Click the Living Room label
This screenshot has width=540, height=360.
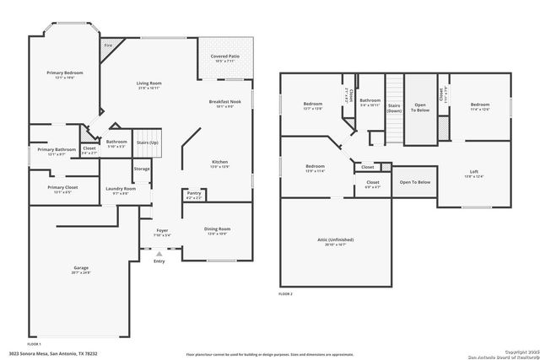pyautogui.click(x=149, y=83)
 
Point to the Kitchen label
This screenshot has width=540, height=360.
pyautogui.click(x=219, y=162)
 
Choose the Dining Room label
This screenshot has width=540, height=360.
pyautogui.click(x=218, y=228)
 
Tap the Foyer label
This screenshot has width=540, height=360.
pyautogui.click(x=162, y=230)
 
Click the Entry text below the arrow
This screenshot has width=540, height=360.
pyautogui.click(x=159, y=261)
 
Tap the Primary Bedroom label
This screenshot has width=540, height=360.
pyautogui.click(x=65, y=73)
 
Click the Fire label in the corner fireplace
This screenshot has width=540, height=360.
pyautogui.click(x=108, y=45)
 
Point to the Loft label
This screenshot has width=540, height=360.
pyautogui.click(x=472, y=171)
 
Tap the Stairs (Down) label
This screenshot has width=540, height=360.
pyautogui.click(x=394, y=107)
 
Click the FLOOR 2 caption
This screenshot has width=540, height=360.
pyautogui.click(x=285, y=294)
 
